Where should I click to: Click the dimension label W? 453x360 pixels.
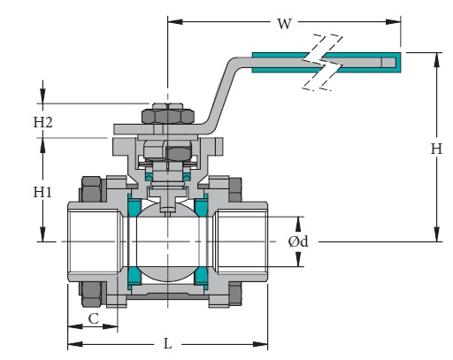pos(284,24)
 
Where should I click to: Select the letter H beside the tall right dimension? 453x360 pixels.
pos(435,149)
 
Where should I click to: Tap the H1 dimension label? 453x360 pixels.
pos(42,191)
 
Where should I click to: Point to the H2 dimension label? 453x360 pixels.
pos(42,123)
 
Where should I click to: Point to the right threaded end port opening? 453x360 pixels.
pos(241,241)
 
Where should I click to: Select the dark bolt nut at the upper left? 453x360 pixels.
pos(91,189)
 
